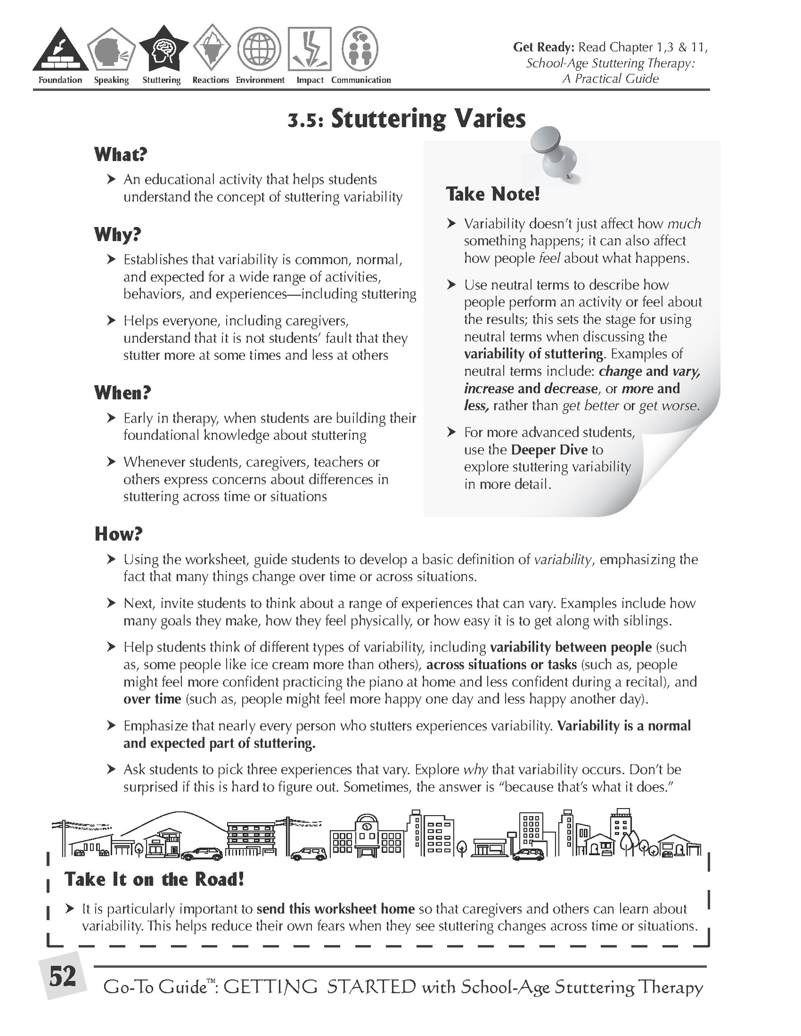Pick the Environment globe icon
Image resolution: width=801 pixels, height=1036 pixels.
coord(259,49)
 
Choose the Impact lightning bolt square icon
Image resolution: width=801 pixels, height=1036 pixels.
coord(309,49)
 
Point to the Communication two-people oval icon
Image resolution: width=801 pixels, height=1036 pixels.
coord(360,49)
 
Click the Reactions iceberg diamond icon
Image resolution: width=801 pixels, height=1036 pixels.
coord(211,49)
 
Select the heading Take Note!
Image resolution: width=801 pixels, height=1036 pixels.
coord(493,194)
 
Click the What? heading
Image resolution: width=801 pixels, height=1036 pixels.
coord(121,154)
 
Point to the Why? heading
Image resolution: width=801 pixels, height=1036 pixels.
coord(118,235)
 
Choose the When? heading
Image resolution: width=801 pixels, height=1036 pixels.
coord(123,393)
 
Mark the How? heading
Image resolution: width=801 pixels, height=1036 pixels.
coord(119,534)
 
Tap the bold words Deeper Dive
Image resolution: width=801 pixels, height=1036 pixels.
coord(549,449)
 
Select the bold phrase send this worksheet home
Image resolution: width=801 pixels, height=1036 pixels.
coord(335,909)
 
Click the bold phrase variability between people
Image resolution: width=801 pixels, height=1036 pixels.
coord(571,647)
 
